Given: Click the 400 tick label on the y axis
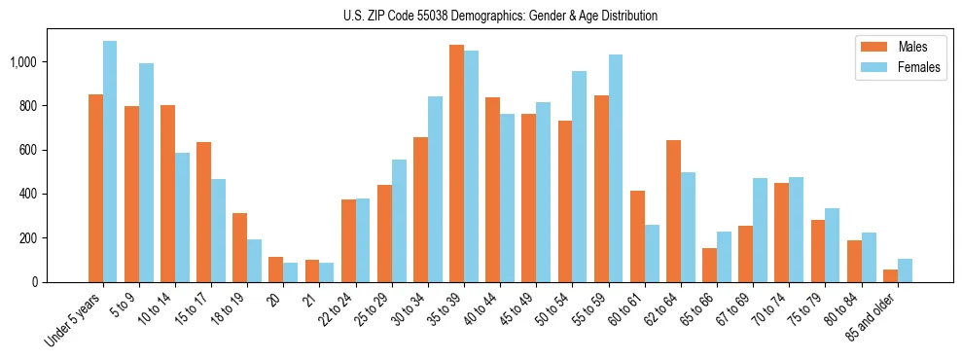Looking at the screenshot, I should click(x=28, y=194).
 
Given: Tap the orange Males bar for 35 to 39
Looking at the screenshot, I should click(x=456, y=163).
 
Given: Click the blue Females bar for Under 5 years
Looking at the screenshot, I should click(x=110, y=162).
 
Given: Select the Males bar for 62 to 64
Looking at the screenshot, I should click(x=673, y=211).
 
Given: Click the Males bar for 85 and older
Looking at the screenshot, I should click(x=890, y=275).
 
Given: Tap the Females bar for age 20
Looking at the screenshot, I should click(x=291, y=272).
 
